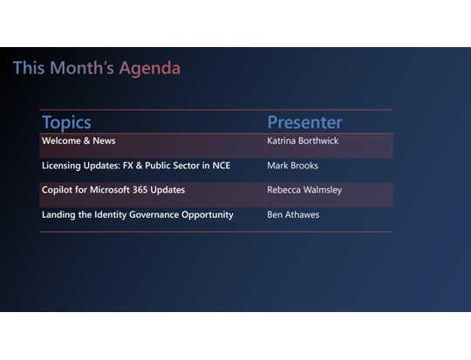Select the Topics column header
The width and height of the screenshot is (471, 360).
(66, 122)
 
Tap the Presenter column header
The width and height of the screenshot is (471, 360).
(304, 122)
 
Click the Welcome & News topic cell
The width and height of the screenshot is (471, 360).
(78, 141)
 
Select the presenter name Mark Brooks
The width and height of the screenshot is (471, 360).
(292, 166)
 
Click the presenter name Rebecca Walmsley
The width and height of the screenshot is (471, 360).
(304, 190)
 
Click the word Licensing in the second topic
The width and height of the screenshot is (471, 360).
(64, 166)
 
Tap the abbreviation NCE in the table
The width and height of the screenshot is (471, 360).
(221, 166)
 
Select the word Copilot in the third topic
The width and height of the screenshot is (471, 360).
(58, 190)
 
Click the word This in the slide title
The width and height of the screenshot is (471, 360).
(29, 68)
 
